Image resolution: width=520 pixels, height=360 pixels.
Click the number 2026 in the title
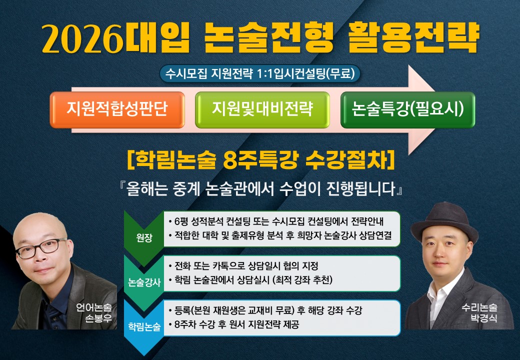click(x=83, y=38)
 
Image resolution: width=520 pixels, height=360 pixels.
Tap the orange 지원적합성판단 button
click(x=117, y=109)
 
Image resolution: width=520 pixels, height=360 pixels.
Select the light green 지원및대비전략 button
click(x=262, y=109)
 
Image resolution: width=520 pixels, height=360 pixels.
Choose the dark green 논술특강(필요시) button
click(x=407, y=109)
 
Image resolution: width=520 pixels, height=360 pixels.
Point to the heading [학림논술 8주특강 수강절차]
click(x=260, y=160)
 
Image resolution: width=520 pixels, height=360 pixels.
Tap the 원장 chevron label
click(x=144, y=237)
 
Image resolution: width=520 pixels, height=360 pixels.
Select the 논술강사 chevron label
click(x=144, y=282)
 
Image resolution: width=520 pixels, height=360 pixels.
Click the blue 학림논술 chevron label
click(x=144, y=326)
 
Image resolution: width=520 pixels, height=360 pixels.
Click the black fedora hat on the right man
click(x=444, y=222)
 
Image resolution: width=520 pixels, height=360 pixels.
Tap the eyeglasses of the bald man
click(x=41, y=247)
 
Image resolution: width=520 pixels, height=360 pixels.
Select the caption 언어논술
click(x=94, y=307)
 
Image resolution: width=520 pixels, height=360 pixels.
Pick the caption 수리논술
click(x=479, y=307)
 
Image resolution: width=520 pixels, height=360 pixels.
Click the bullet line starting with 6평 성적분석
click(x=276, y=221)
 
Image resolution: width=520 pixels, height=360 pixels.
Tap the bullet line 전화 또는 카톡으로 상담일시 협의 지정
click(x=243, y=266)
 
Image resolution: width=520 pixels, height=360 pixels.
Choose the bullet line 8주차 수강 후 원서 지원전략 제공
click(x=233, y=324)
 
